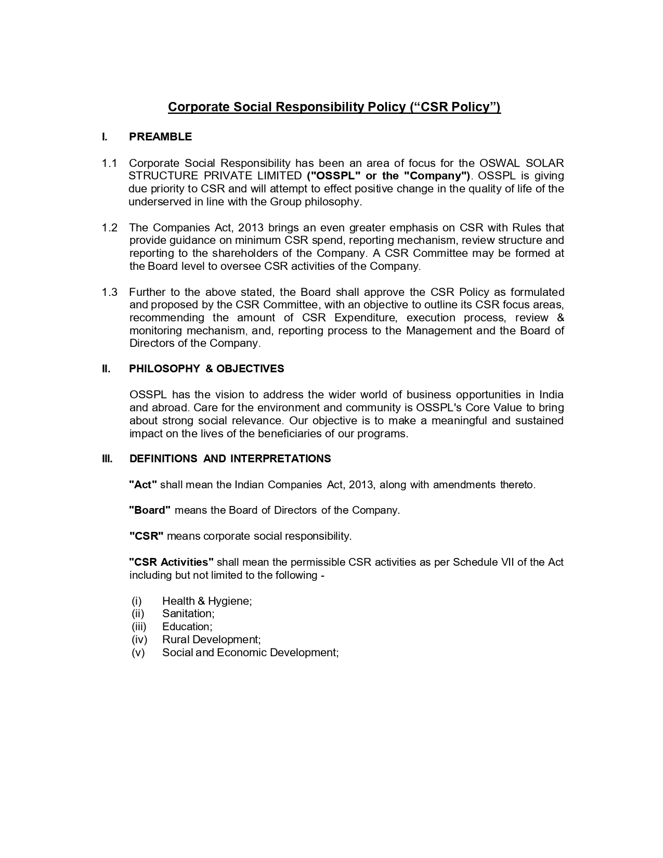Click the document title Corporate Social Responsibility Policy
pyautogui.click(x=334, y=107)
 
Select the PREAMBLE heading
pyautogui.click(x=160, y=137)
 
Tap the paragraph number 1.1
pyautogui.click(x=109, y=163)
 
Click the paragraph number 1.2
pyautogui.click(x=109, y=228)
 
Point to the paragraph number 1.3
pyautogui.click(x=109, y=292)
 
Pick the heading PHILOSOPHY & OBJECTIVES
pyautogui.click(x=206, y=369)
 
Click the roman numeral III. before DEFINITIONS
pyautogui.click(x=107, y=459)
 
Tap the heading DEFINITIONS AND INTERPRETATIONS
pyautogui.click(x=230, y=459)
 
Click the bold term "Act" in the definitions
pyautogui.click(x=143, y=485)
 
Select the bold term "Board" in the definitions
pyautogui.click(x=150, y=510)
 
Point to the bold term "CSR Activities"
pyautogui.click(x=172, y=562)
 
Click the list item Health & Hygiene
pyautogui.click(x=207, y=601)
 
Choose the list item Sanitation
pyautogui.click(x=188, y=614)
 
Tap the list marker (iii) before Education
pyautogui.click(x=139, y=627)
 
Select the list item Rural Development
pyautogui.click(x=211, y=640)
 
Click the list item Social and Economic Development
pyautogui.click(x=250, y=653)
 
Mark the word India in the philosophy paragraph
pyautogui.click(x=551, y=395)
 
